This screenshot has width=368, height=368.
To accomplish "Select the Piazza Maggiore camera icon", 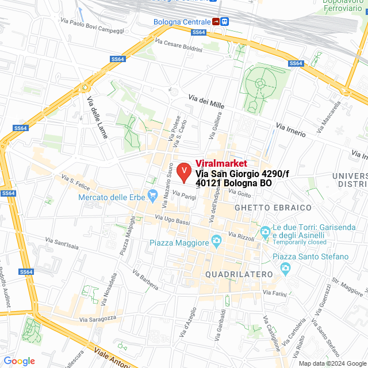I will pos(216,240).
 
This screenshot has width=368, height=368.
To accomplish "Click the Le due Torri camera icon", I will pos(265,232).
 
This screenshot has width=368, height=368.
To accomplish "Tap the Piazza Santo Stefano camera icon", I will pos(285,267).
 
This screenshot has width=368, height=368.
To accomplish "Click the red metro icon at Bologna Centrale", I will pos(215,22).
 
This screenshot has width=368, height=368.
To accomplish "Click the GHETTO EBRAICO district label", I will pos(273,207).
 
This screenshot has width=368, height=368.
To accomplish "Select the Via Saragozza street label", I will pos(98,318).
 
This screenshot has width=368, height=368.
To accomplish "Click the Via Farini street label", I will pos(275,294).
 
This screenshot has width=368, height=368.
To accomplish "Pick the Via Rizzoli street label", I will pos(241,235).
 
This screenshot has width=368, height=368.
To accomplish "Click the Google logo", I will pos(19,361).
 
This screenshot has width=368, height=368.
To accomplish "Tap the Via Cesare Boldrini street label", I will pos(179,45).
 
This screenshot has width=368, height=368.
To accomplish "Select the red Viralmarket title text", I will pos(221,163).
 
